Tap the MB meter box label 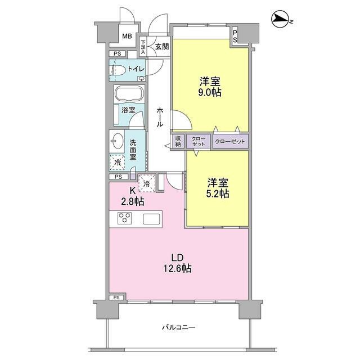127,37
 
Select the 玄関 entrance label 162,47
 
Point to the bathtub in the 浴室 130,94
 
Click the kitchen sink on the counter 152,219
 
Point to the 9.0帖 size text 209,92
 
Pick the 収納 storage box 178,141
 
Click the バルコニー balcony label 179,326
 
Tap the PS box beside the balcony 116,297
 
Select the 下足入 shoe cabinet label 143,47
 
